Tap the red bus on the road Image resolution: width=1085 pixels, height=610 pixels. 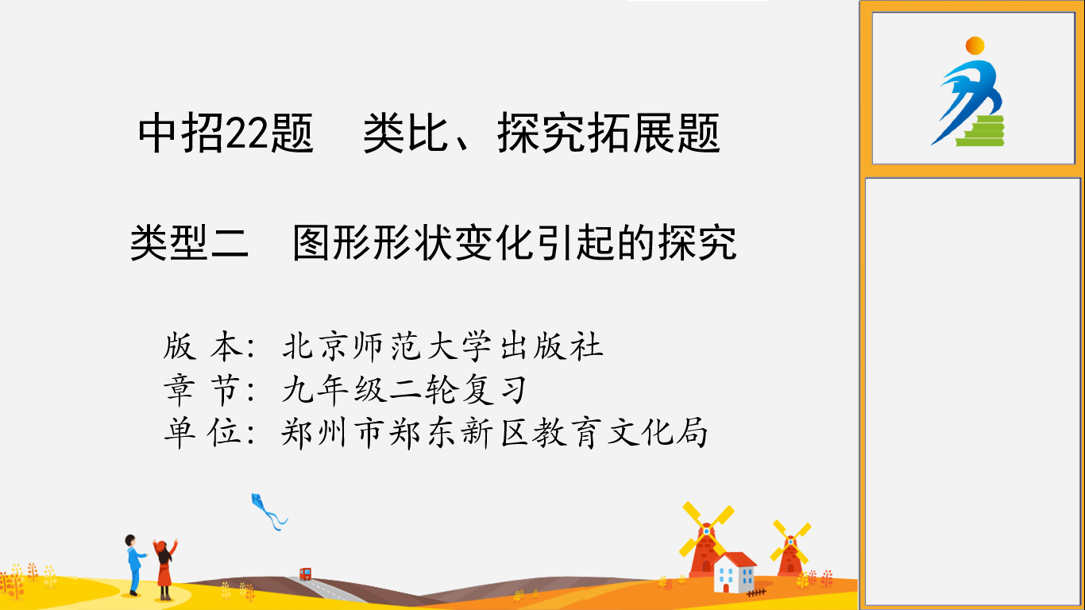click(305, 574)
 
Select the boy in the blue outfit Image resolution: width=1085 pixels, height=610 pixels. click(134, 565)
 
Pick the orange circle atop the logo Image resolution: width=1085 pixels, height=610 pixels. click(975, 45)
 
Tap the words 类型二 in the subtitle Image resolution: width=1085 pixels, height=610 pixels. click(189, 243)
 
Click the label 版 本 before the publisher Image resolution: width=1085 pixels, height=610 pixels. click(203, 347)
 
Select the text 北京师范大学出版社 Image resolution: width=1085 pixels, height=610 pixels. click(442, 347)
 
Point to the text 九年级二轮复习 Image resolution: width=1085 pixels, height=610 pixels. click(404, 390)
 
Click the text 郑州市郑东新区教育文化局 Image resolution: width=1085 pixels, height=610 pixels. click(495, 433)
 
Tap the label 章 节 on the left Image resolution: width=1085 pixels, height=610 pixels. click(203, 390)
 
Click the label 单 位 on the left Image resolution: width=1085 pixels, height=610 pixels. click(203, 433)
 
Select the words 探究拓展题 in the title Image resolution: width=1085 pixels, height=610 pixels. click(609, 133)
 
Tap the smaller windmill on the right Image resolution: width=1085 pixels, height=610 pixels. click(790, 547)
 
